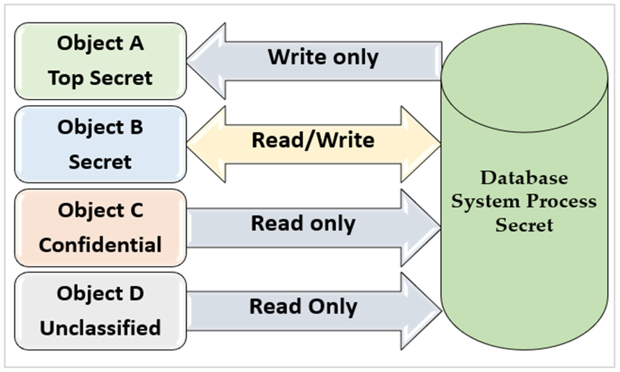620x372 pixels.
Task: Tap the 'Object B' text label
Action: pyautogui.click(x=100, y=127)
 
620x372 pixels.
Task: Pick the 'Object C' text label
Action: pyautogui.click(x=100, y=210)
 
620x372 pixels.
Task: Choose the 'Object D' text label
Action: pyautogui.click(x=100, y=294)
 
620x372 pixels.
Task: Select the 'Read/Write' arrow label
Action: pyautogui.click(x=313, y=140)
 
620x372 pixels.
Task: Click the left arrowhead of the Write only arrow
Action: pyautogui.click(x=208, y=61)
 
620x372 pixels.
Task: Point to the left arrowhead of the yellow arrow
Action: pyautogui.click(x=208, y=144)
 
